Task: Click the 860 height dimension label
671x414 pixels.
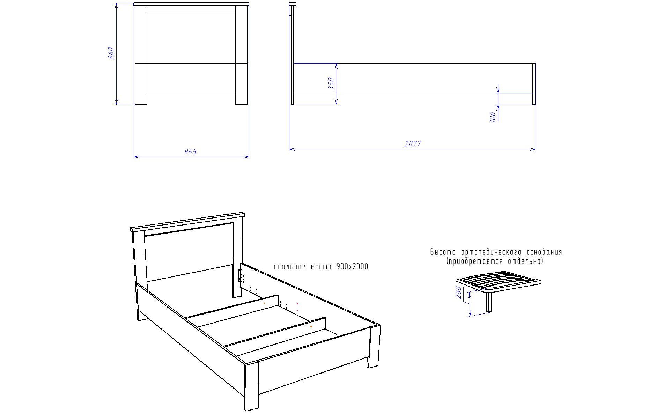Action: [x=111, y=53]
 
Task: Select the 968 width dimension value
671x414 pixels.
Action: [x=190, y=152]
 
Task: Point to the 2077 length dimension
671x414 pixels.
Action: [x=413, y=144]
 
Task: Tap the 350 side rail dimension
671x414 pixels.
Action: [x=331, y=84]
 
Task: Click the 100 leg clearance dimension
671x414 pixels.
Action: [x=493, y=117]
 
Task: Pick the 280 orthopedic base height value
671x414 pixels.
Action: [x=459, y=293]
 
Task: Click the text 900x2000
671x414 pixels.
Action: [x=352, y=267]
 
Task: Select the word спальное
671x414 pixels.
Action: [x=290, y=267]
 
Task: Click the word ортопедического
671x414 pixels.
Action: [x=491, y=252]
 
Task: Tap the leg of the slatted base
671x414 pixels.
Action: [x=489, y=302]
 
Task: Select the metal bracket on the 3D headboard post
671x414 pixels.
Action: [x=240, y=275]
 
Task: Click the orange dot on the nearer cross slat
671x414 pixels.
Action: [x=311, y=327]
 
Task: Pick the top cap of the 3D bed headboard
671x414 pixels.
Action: [x=187, y=222]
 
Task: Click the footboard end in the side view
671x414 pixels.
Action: [x=534, y=84]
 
